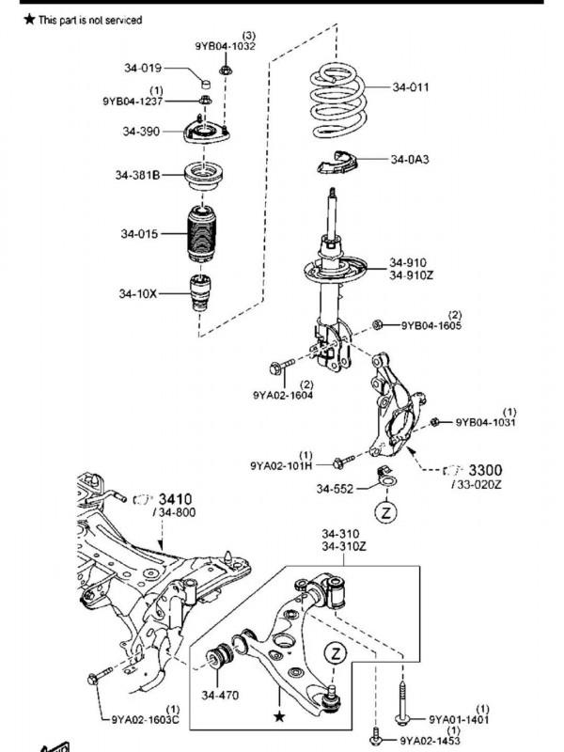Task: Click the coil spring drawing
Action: (x=338, y=101)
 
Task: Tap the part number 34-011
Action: (x=411, y=87)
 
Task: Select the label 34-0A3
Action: (x=410, y=159)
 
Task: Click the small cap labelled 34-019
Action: (x=206, y=84)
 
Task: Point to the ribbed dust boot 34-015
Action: (x=201, y=233)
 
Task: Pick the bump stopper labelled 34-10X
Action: (x=200, y=292)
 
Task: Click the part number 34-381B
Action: (x=137, y=175)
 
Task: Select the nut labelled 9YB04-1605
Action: (x=378, y=324)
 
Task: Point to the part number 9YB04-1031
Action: (x=485, y=422)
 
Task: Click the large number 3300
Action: (x=485, y=470)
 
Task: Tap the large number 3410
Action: (x=175, y=499)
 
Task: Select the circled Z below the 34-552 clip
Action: (x=386, y=512)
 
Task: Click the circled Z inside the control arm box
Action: (x=336, y=652)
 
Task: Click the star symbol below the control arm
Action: (x=279, y=717)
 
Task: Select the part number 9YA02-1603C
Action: (x=146, y=719)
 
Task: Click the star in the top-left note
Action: (x=30, y=19)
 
